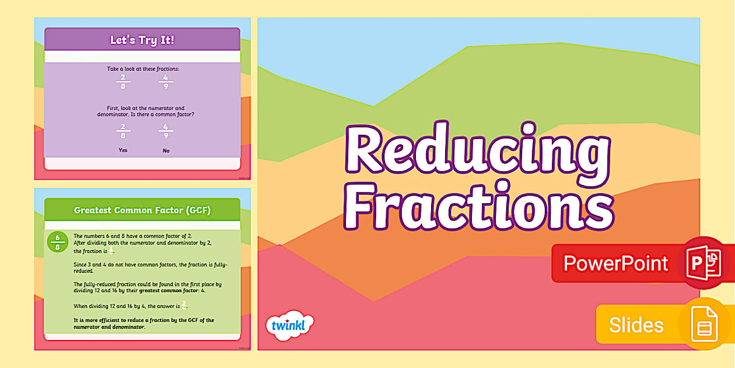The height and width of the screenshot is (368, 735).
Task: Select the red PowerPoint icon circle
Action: pyautogui.click(x=705, y=263)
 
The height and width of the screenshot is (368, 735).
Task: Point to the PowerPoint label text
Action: pyautogui.click(x=616, y=263)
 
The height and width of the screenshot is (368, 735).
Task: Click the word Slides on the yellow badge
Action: pyautogui.click(x=636, y=325)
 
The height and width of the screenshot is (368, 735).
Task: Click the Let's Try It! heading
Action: pyautogui.click(x=142, y=40)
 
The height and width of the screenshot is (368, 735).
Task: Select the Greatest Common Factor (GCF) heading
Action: pyautogui.click(x=142, y=210)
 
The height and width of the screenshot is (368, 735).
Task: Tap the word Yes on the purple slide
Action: pyautogui.click(x=123, y=150)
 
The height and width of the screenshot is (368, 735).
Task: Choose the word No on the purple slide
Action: pyautogui.click(x=166, y=151)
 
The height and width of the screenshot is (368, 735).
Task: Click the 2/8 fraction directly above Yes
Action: pyautogui.click(x=123, y=131)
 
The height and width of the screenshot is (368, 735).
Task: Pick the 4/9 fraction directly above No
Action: pyautogui.click(x=166, y=131)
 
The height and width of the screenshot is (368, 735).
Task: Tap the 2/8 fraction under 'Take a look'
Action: pyautogui.click(x=123, y=81)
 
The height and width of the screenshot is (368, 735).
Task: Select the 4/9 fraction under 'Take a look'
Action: pyautogui.click(x=166, y=81)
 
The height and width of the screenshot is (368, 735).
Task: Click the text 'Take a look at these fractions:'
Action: pyautogui.click(x=143, y=69)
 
